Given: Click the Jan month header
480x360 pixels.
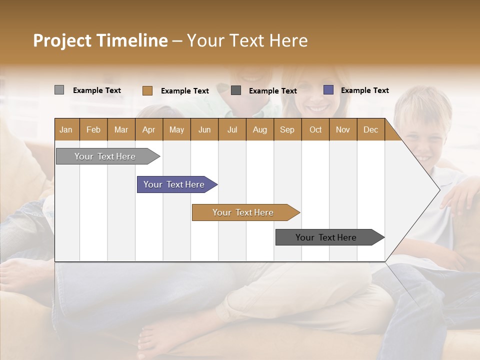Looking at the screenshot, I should (x=66, y=130).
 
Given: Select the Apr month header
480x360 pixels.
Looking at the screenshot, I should (x=148, y=130).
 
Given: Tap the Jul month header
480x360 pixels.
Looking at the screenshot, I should (x=232, y=130).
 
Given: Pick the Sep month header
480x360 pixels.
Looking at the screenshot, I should (x=287, y=130).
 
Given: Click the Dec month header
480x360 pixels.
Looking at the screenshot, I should (x=370, y=130).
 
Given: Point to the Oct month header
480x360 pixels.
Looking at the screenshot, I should (x=315, y=130).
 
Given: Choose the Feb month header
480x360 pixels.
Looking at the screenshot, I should (x=93, y=130).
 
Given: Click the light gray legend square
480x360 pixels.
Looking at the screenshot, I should (x=59, y=90).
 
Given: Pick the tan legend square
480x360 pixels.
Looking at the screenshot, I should (x=147, y=90).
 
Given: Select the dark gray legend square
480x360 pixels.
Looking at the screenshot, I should (x=236, y=90).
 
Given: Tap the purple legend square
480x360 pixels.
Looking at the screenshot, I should (x=328, y=90).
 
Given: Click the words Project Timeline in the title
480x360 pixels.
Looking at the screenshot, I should (x=100, y=40).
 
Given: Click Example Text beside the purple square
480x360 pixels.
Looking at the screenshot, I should (x=364, y=90).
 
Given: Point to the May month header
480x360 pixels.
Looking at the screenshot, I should (x=176, y=130).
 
